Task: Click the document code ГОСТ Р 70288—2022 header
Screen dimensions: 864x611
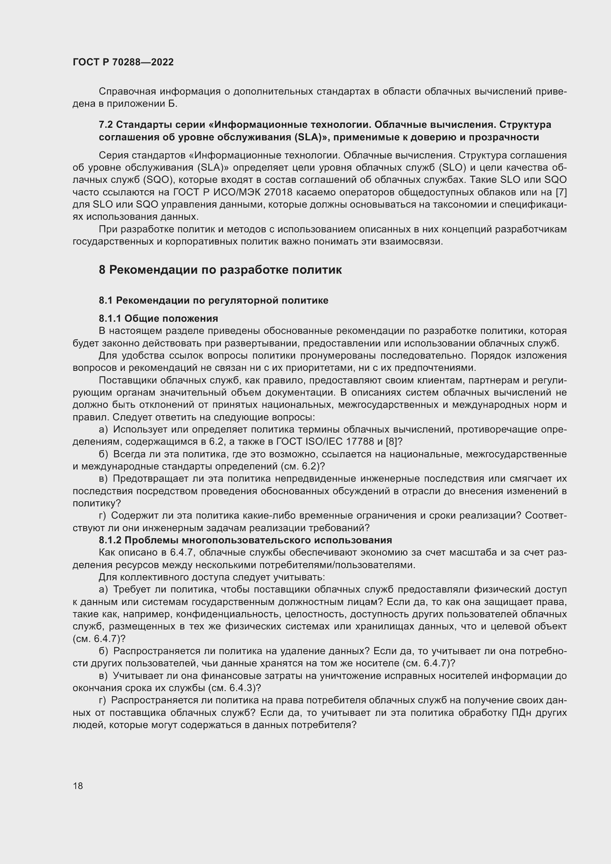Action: point(123,62)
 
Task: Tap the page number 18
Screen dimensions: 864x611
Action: point(78,786)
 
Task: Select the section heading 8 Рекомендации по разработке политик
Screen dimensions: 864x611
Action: point(220,270)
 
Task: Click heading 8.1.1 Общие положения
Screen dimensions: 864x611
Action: point(158,318)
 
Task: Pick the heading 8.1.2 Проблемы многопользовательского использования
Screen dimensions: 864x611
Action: point(245,540)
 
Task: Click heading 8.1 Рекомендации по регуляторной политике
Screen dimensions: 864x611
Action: point(213,300)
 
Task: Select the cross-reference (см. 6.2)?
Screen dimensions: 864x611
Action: point(303,466)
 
